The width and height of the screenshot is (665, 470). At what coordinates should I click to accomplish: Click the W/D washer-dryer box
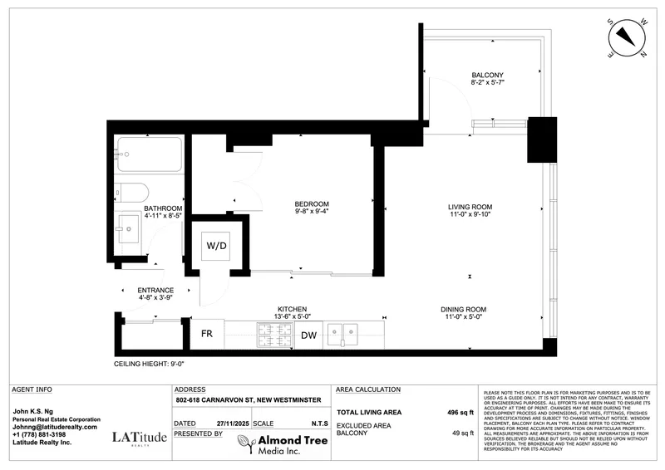click(x=216, y=246)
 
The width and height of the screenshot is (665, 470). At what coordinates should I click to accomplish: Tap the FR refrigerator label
click(x=207, y=335)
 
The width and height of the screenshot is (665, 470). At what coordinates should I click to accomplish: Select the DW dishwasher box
click(x=308, y=335)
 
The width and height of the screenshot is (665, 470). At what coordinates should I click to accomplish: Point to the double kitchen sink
click(x=342, y=335)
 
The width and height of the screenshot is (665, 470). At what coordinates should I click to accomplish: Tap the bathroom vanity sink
click(x=130, y=228)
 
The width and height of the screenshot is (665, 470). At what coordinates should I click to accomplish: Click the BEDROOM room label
click(x=312, y=204)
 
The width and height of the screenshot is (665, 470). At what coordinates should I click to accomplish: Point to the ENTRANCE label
click(x=155, y=291)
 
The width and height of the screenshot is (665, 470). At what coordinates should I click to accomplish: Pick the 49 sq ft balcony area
click(x=461, y=433)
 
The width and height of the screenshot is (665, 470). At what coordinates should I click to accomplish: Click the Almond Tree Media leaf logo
click(x=243, y=444)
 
